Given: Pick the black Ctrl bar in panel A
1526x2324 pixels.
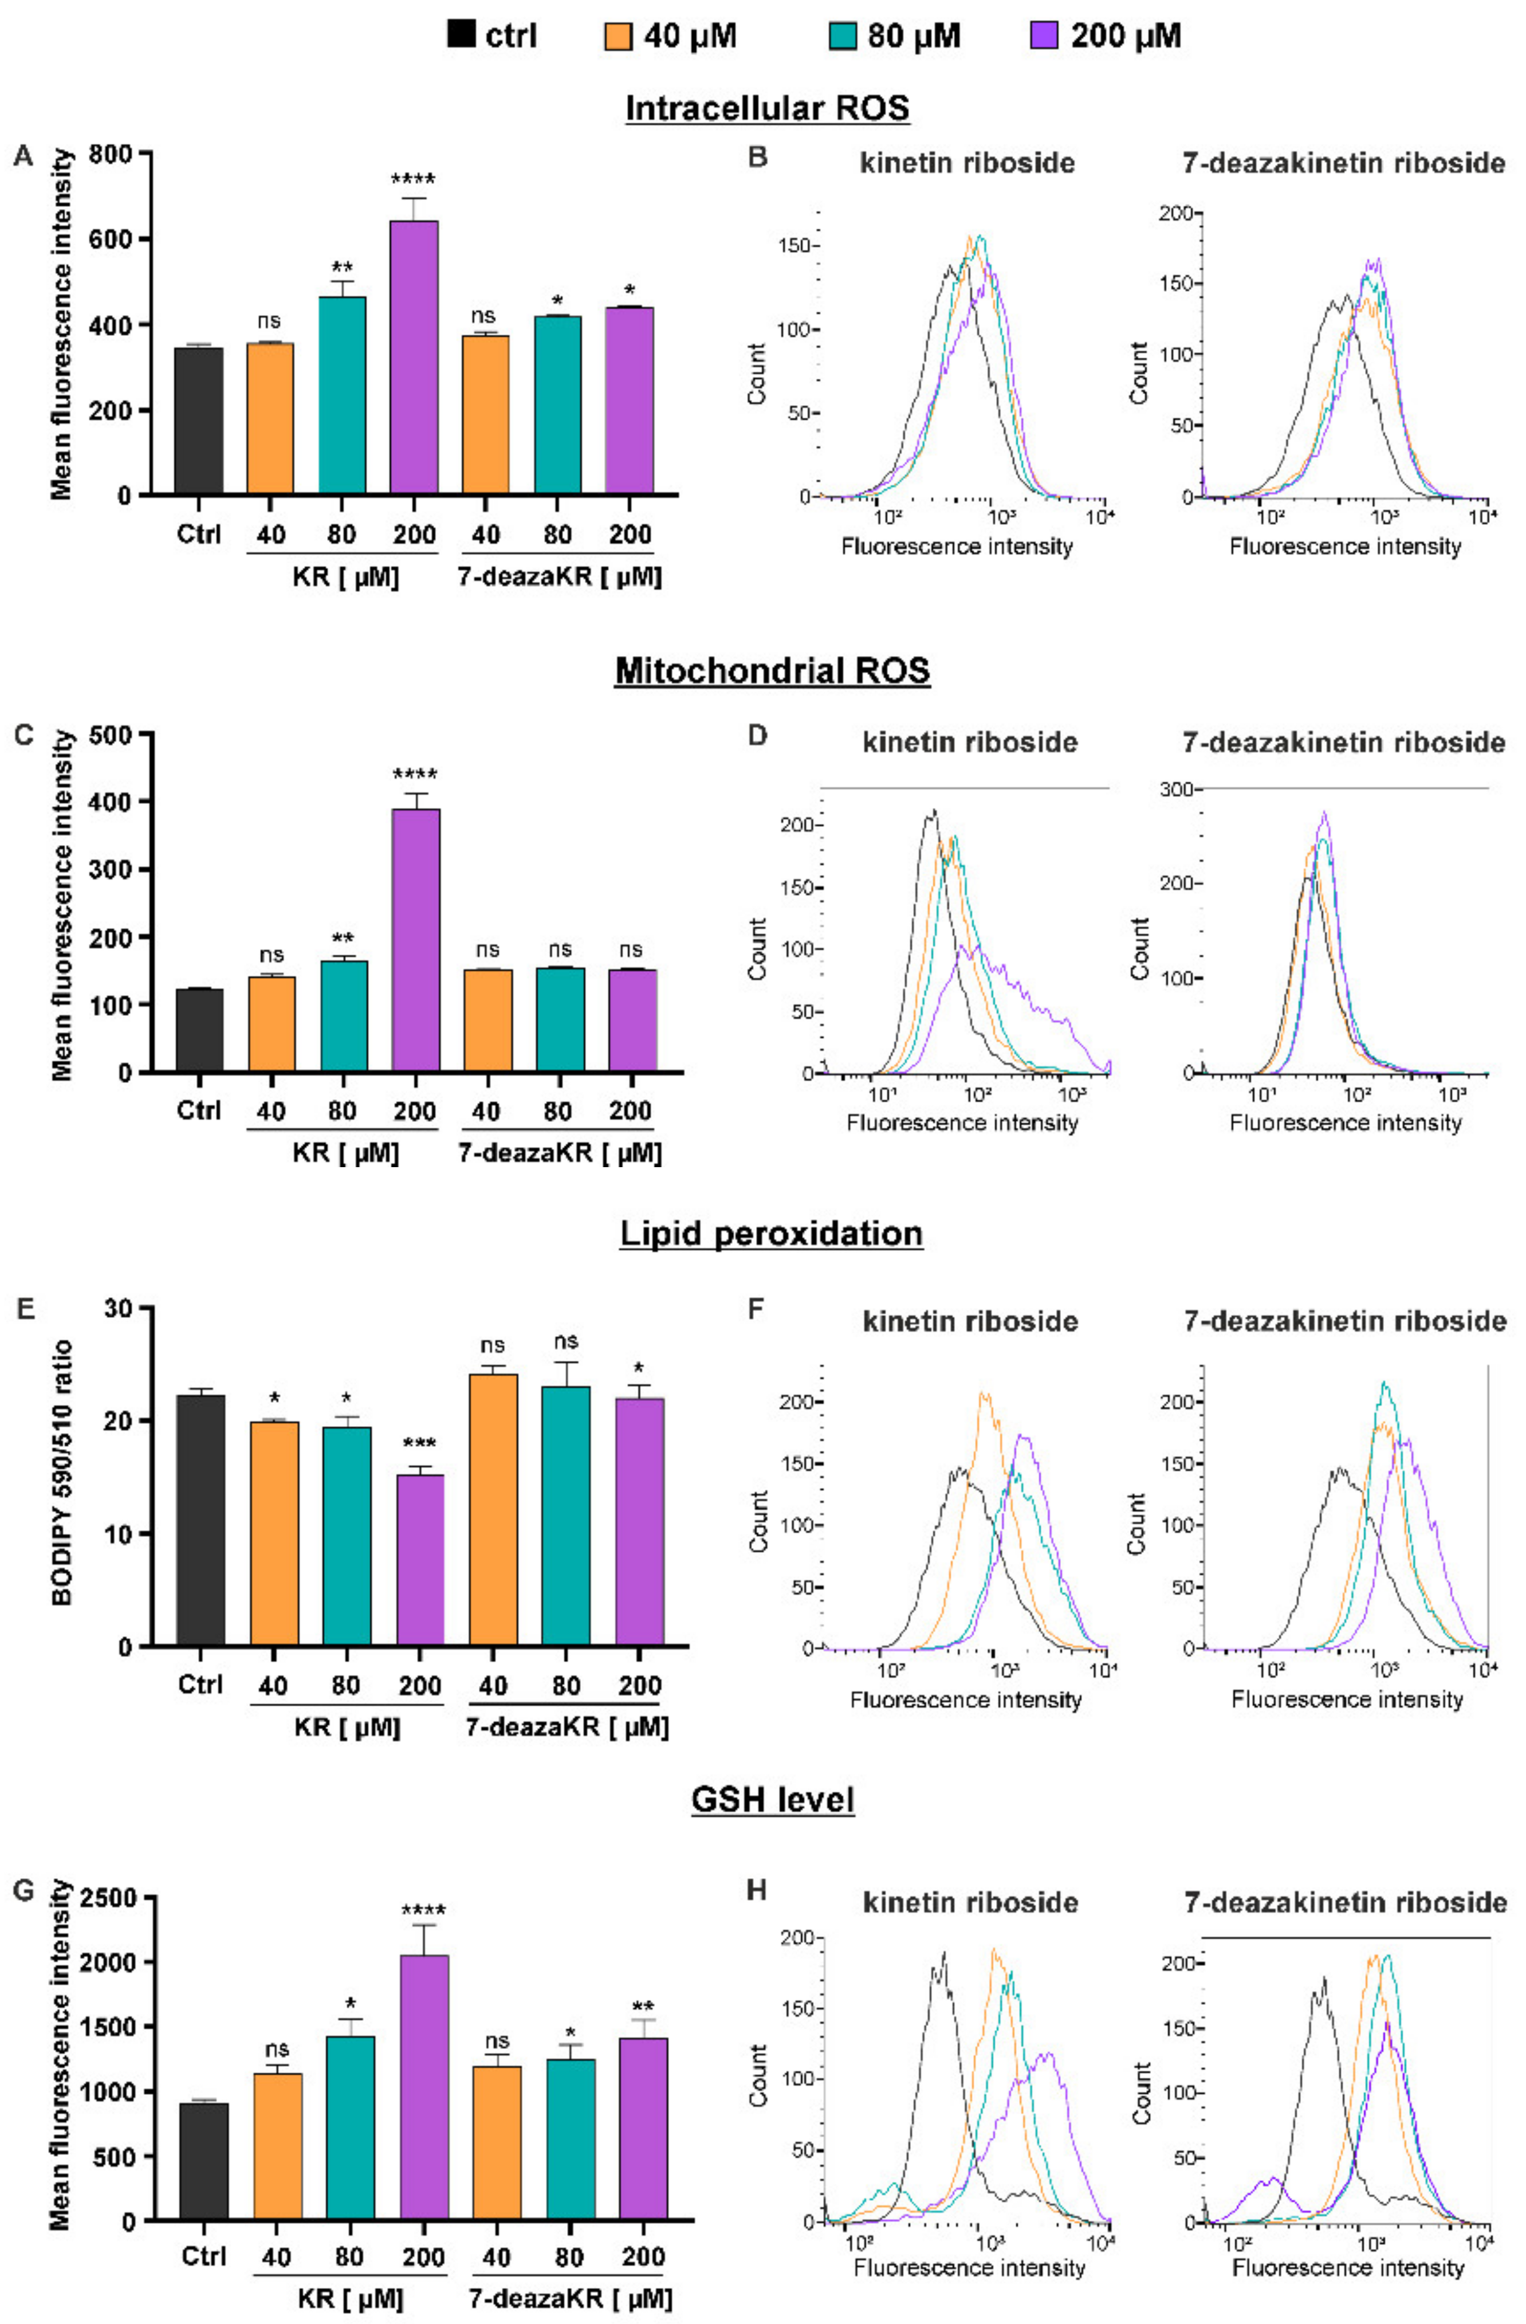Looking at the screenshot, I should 198,421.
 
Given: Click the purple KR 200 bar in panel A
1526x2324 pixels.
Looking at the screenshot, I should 414,358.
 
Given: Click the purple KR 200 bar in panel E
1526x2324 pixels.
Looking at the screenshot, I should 420,1560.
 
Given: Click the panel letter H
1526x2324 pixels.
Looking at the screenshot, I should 757,1891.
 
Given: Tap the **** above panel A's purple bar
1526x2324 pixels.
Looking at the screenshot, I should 413,180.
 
